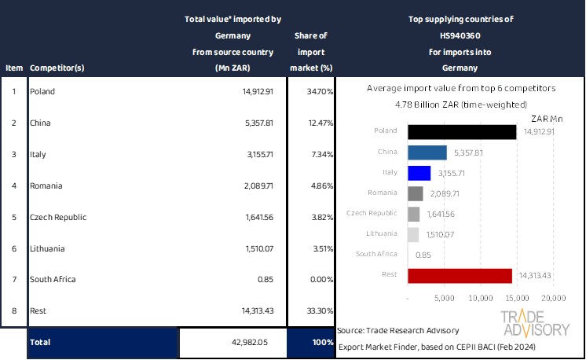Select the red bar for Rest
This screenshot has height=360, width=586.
click(460, 275)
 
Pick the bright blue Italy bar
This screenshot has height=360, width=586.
click(419, 172)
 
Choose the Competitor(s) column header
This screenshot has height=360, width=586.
click(57, 68)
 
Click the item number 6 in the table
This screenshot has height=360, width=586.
click(13, 248)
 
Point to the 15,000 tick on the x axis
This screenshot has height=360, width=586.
click(517, 299)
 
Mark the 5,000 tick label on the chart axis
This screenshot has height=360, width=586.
click(444, 299)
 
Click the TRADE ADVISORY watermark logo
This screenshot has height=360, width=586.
click(536, 324)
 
